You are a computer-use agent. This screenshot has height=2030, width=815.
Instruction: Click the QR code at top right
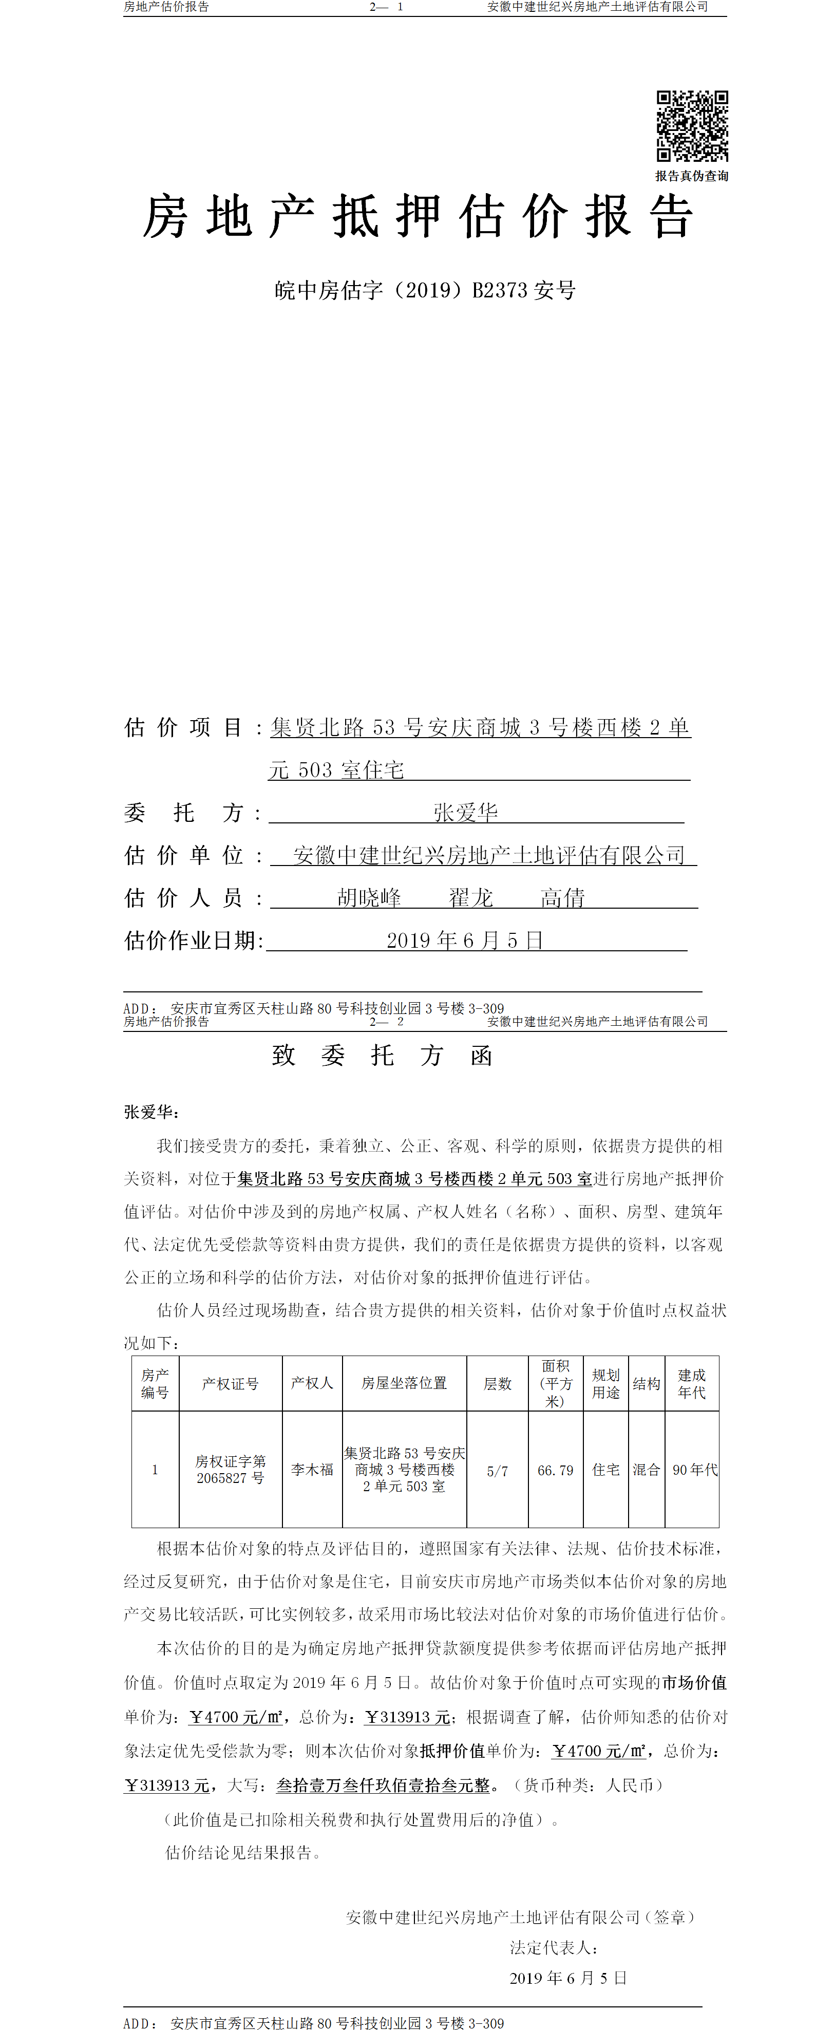point(692,126)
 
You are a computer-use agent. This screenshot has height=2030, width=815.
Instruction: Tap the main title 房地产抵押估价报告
point(418,217)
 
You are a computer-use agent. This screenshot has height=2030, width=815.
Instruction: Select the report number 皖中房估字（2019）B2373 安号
point(425,291)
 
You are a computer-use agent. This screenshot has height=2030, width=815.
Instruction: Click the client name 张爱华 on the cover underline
point(465,813)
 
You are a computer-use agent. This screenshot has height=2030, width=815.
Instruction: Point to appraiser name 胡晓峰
point(369,897)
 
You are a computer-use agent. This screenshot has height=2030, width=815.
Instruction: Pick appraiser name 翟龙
point(470,897)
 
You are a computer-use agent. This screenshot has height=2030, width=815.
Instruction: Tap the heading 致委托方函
point(382,1056)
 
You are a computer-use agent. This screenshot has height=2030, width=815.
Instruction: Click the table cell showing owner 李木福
point(312,1470)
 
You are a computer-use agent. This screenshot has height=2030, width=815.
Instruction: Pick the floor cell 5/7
point(497,1471)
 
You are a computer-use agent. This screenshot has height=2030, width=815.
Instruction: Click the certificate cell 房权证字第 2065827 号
point(230,1470)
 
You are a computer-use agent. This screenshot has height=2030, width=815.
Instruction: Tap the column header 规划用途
point(605,1384)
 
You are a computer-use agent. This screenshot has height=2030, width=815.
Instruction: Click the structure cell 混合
point(647,1470)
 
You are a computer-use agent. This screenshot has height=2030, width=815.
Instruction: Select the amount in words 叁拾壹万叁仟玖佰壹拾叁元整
point(383,1785)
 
